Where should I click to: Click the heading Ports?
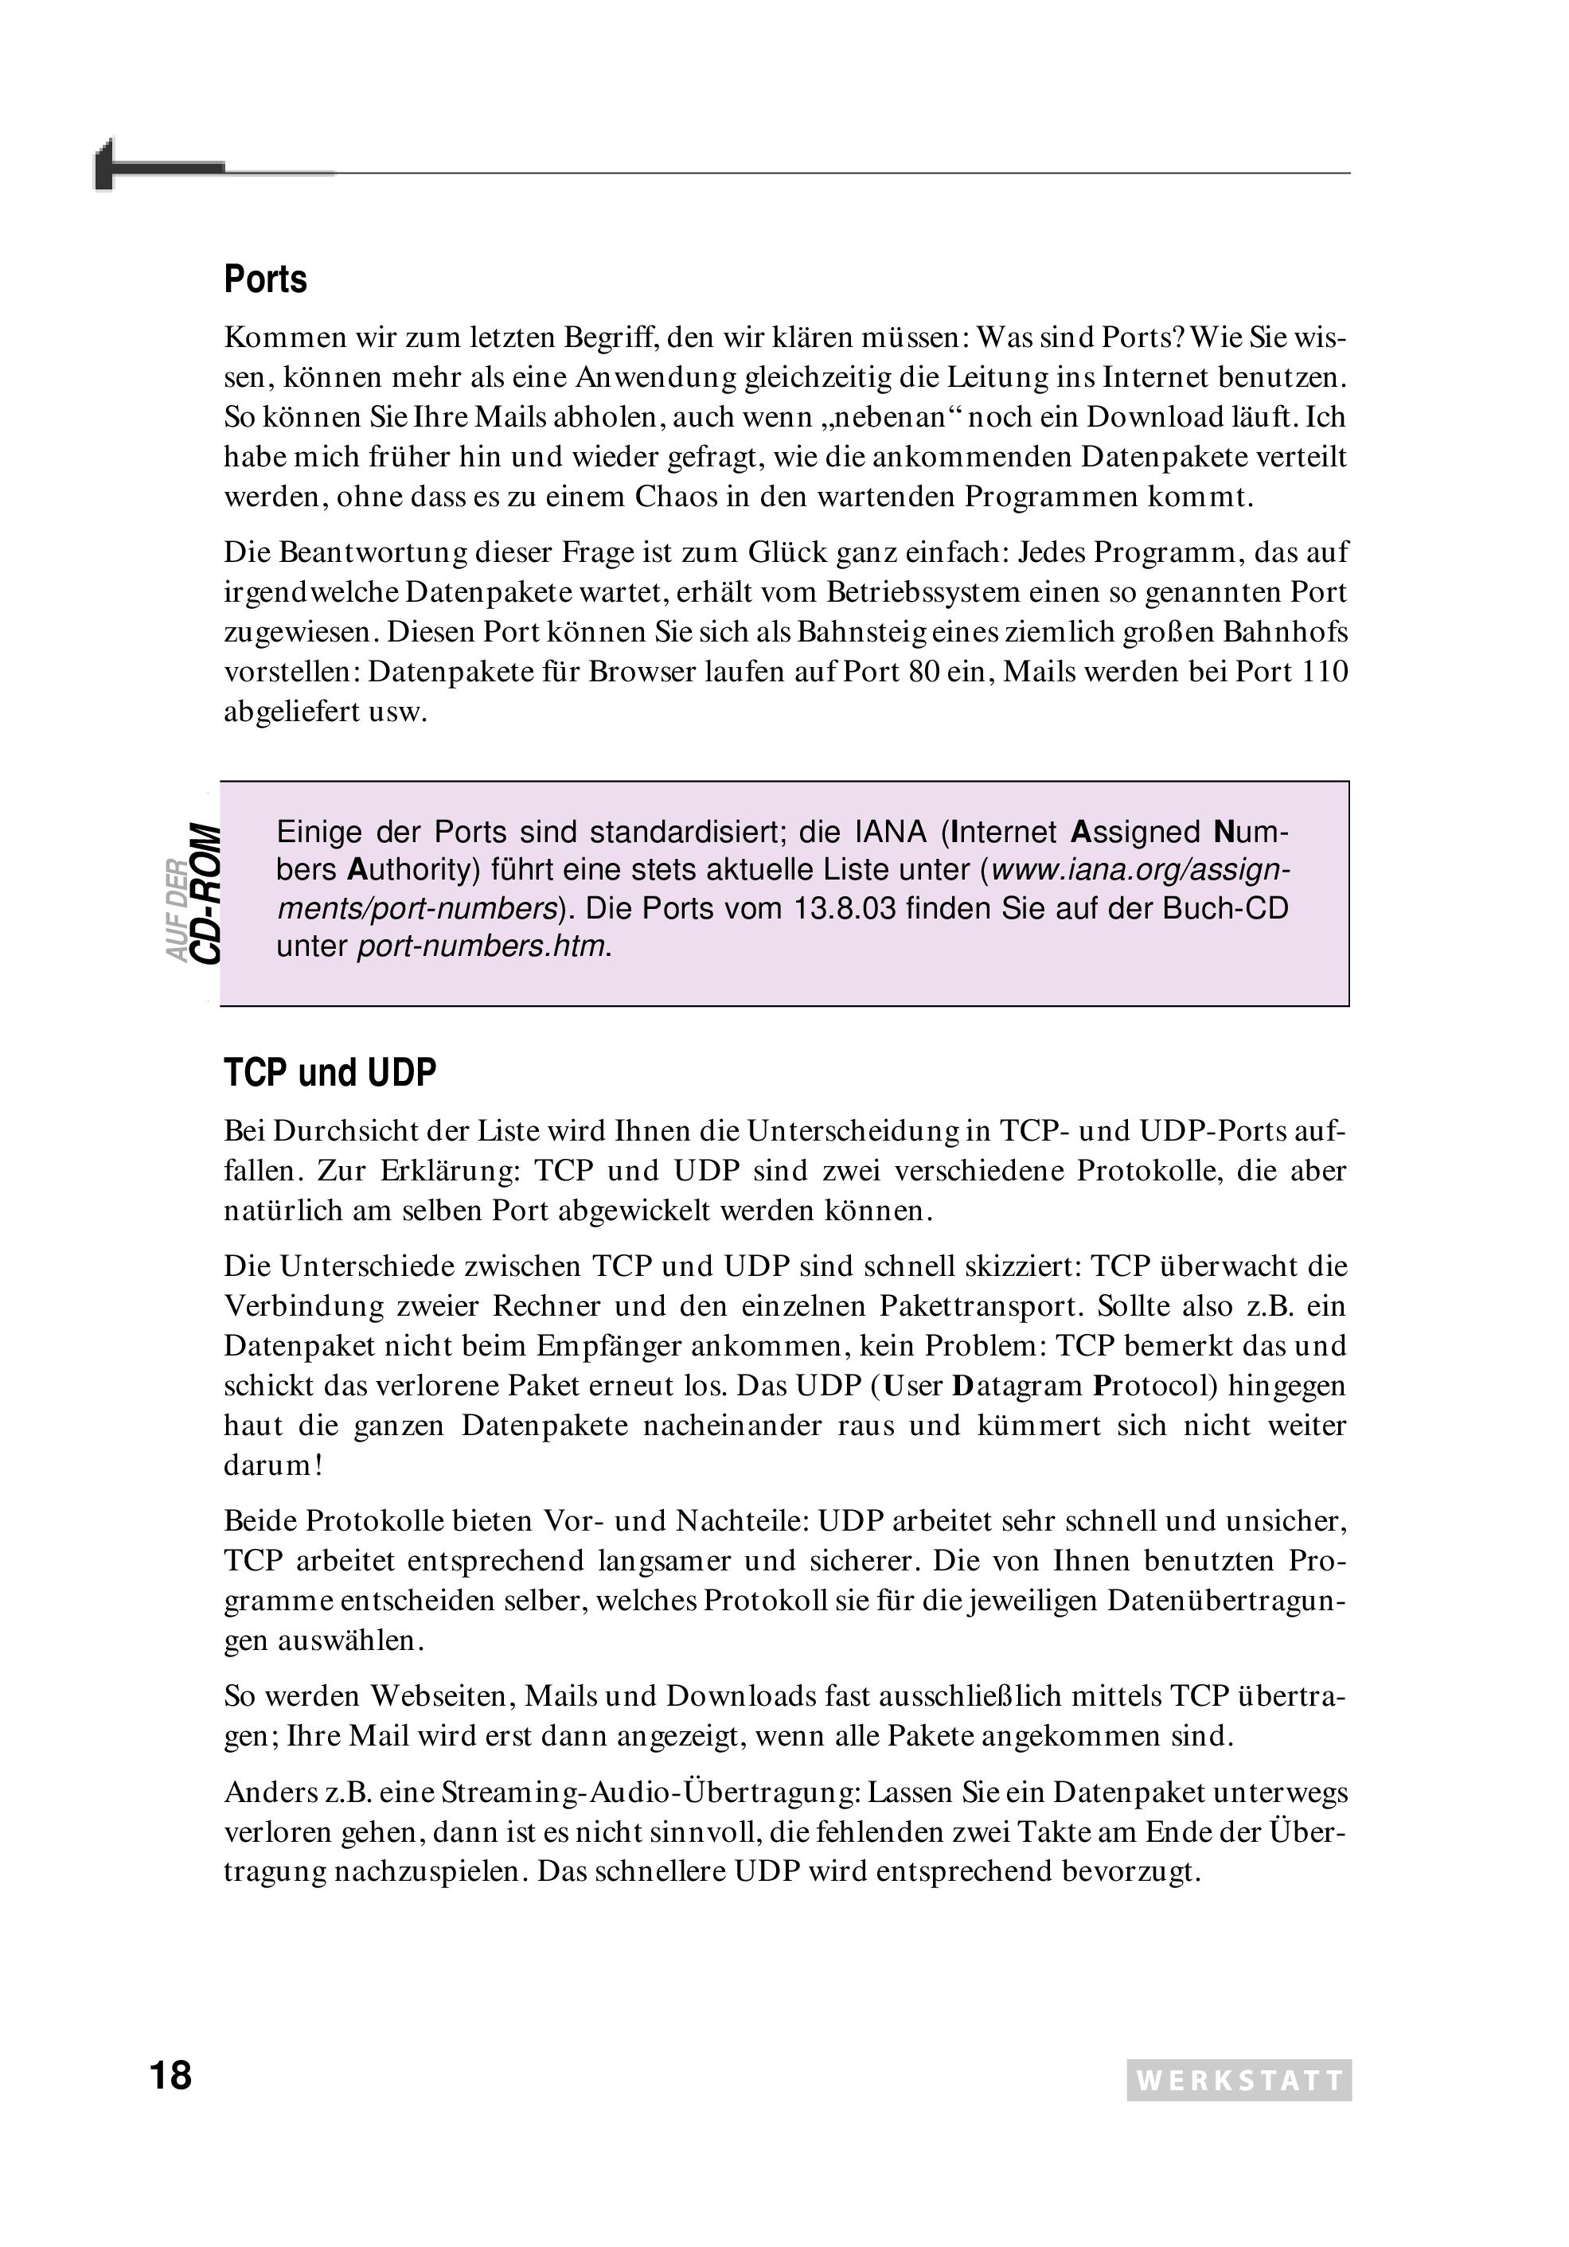click(265, 280)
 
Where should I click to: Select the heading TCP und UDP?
click(330, 1074)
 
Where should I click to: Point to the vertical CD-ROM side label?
click(205, 892)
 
